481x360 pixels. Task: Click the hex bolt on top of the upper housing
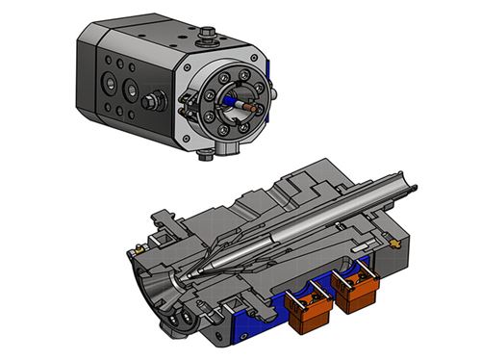point(207,38)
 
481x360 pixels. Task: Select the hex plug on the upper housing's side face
point(150,101)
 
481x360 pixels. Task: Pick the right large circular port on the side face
point(127,90)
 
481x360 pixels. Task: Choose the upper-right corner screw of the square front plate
point(249,69)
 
